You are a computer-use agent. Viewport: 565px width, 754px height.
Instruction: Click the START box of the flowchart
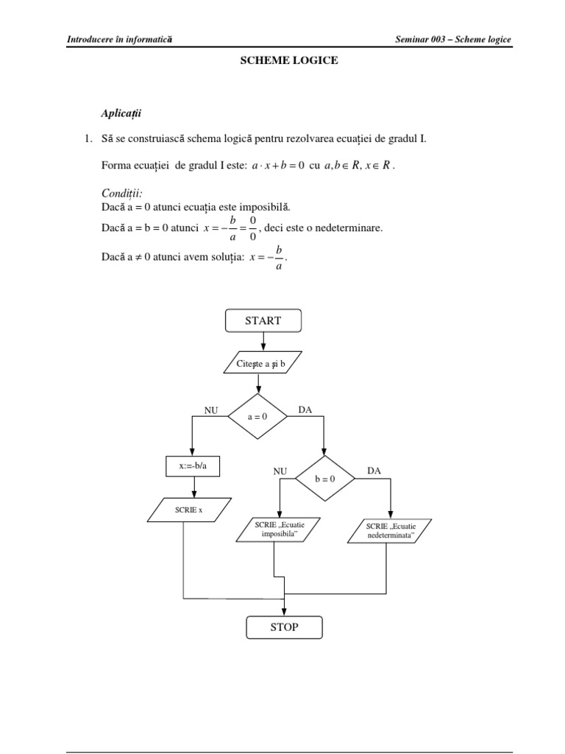click(263, 321)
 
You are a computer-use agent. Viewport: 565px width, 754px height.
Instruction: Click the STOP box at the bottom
click(284, 627)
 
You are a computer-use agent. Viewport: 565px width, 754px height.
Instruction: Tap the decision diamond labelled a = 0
click(257, 416)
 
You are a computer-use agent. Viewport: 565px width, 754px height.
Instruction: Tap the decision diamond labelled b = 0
click(324, 478)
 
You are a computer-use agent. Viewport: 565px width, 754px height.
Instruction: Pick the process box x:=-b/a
click(193, 466)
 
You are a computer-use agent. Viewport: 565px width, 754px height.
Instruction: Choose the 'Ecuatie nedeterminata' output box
click(388, 531)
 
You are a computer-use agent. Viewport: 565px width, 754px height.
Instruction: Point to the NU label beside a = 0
click(211, 410)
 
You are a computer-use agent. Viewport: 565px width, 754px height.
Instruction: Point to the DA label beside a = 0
click(305, 409)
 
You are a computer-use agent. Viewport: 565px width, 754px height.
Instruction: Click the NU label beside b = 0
click(280, 471)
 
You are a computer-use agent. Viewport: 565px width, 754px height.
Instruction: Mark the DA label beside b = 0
click(374, 471)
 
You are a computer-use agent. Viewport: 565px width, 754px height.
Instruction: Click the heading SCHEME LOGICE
click(289, 61)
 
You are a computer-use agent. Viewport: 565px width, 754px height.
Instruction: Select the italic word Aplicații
click(121, 113)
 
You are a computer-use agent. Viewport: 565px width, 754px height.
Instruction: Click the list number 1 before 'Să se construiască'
click(87, 138)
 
